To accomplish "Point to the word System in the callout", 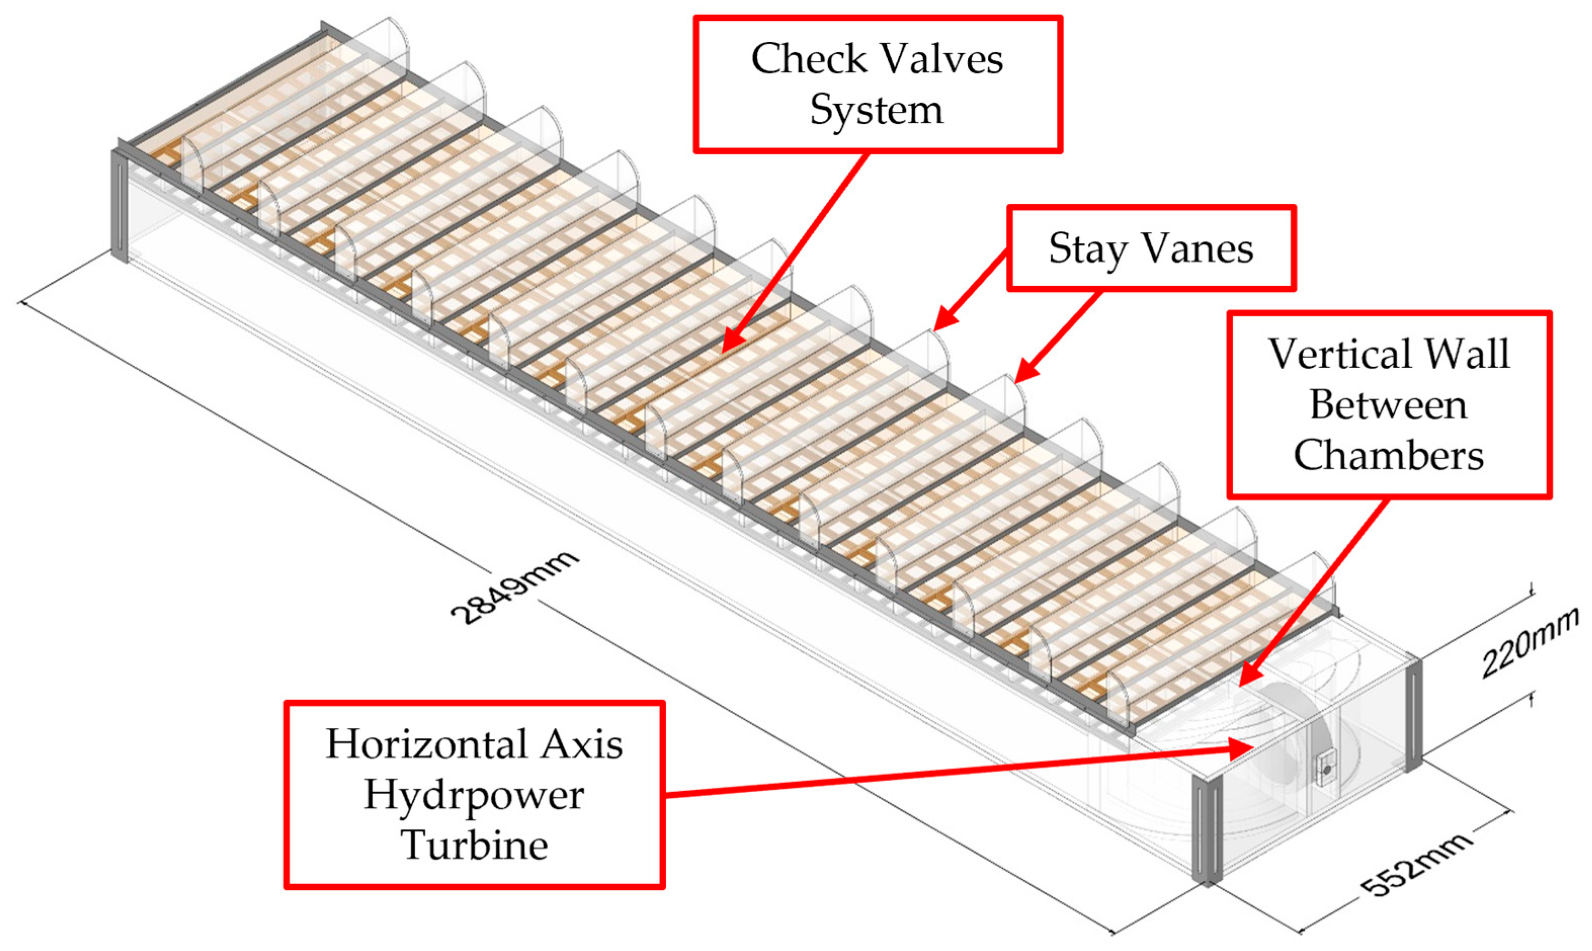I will (x=876, y=111).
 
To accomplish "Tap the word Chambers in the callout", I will (x=1388, y=456).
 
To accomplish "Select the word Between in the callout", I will (x=1388, y=406).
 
